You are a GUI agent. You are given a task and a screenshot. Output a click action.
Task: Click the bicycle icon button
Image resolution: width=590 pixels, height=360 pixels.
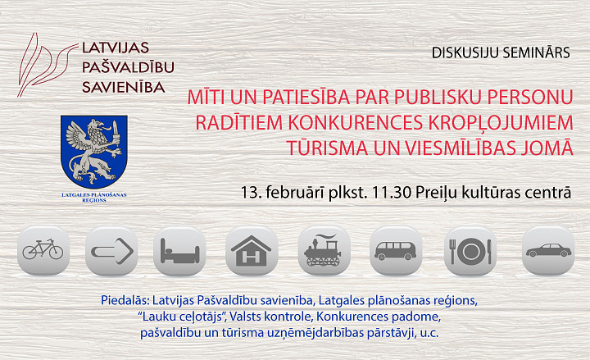tap(43, 250)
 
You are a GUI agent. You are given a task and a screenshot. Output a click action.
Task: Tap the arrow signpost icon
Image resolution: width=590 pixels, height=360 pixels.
tap(111, 250)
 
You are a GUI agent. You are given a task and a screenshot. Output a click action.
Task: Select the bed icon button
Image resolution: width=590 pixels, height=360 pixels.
tap(179, 250)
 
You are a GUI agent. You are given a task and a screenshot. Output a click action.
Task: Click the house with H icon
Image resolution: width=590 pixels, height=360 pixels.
tap(252, 250)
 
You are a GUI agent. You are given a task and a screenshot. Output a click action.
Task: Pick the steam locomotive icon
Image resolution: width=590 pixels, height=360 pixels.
tap(324, 250)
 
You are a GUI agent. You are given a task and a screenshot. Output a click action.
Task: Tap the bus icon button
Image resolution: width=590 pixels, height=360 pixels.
tap(396, 250)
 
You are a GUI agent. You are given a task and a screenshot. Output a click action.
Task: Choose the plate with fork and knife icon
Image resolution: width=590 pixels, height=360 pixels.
tap(470, 250)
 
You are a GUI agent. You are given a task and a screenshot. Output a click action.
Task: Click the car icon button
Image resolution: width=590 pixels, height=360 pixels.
tap(548, 250)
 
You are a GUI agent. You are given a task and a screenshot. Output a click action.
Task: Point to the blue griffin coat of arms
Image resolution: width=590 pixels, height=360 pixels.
tap(94, 152)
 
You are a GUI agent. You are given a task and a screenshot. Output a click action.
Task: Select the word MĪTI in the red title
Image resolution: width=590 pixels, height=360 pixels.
tap(206, 97)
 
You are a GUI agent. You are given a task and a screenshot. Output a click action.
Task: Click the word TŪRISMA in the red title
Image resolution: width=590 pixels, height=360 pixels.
tap(327, 148)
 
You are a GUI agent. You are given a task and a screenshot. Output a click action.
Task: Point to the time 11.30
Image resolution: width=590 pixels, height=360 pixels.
tap(391, 193)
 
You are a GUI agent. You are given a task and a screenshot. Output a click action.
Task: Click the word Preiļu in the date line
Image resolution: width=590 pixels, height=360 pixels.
tap(436, 194)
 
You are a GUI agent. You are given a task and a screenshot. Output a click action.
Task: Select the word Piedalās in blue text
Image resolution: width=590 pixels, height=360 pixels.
tap(125, 300)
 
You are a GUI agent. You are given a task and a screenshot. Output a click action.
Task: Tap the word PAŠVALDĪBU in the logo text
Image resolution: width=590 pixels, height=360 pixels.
tap(128, 67)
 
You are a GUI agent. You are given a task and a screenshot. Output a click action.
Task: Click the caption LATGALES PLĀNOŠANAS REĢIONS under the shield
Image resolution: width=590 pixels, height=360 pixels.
tap(94, 198)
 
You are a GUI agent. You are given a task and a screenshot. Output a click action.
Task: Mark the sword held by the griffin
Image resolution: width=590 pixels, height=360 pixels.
tap(116, 134)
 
